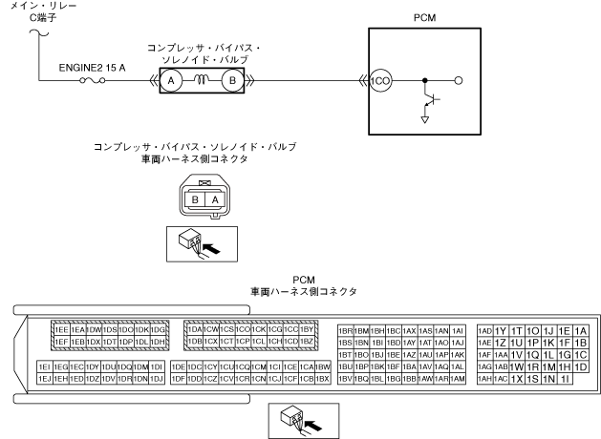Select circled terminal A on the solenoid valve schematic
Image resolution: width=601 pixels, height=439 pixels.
click(172, 81)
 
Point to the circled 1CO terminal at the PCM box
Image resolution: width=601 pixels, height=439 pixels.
click(380, 81)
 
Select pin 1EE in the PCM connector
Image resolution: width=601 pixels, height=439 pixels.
click(63, 329)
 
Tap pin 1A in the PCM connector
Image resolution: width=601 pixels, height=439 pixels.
click(580, 329)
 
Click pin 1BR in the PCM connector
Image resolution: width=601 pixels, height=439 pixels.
click(348, 329)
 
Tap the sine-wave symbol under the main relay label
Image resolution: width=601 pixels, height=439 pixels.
click(38, 37)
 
